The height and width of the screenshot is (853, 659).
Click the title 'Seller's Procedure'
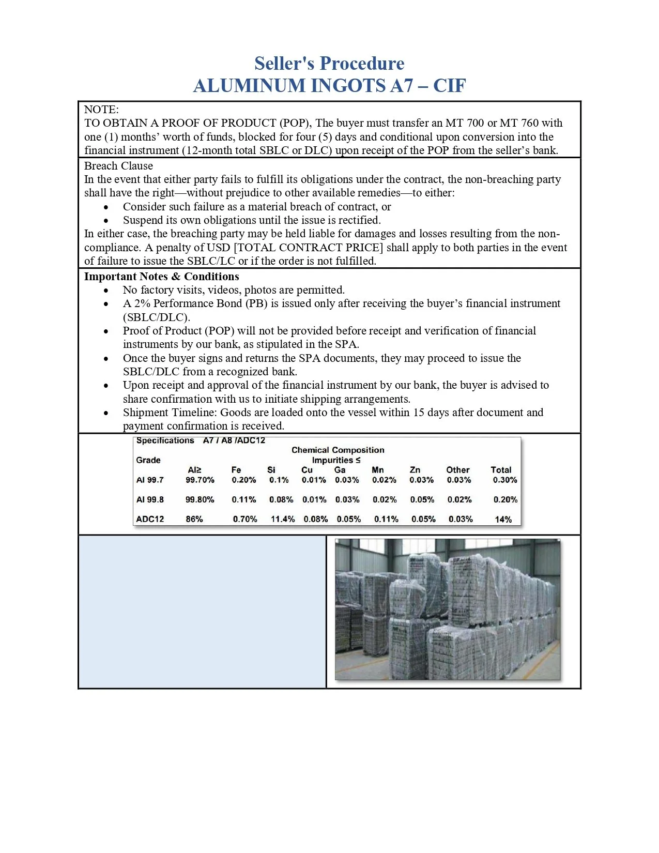click(x=329, y=63)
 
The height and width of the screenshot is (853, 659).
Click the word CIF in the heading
click(x=449, y=85)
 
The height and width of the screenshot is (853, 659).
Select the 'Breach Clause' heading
click(x=118, y=166)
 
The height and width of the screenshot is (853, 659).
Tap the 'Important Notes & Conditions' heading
click(x=161, y=276)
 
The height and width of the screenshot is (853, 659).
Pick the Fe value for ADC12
click(x=244, y=519)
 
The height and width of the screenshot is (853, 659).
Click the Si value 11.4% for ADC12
click(x=283, y=519)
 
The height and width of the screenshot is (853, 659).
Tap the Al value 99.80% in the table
click(x=200, y=500)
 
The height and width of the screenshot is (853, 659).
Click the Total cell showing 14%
click(x=503, y=520)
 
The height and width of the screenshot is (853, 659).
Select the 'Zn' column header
click(x=415, y=470)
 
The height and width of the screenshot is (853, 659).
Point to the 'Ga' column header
click(x=340, y=470)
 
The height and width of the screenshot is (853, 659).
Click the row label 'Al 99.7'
click(x=150, y=480)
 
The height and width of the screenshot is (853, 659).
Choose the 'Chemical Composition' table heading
click(x=338, y=450)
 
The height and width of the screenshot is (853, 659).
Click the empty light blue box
click(x=202, y=612)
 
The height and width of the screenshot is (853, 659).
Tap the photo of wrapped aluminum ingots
click(x=447, y=610)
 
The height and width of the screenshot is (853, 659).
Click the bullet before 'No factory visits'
click(x=106, y=291)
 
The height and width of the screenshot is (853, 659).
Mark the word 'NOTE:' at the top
click(x=101, y=110)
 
